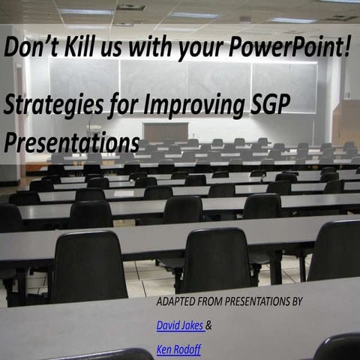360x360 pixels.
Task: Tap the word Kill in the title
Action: [x=82, y=46]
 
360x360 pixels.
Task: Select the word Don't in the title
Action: [x=32, y=46]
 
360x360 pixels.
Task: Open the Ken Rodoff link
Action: [x=178, y=349]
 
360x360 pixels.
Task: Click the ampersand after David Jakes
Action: [x=208, y=325]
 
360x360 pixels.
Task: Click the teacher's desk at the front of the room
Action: [x=166, y=132]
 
